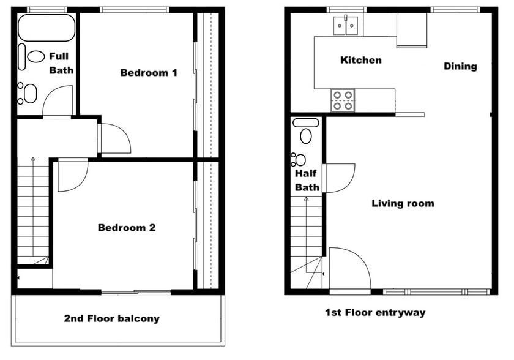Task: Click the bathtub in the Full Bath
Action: click(x=47, y=28)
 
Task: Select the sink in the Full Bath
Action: click(x=29, y=93)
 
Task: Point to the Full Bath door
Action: click(x=59, y=101)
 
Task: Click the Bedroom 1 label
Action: click(x=149, y=73)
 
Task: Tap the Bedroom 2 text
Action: click(x=127, y=228)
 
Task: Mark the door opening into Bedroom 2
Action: click(x=72, y=174)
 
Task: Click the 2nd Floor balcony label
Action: click(x=111, y=318)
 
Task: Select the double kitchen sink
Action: click(x=346, y=26)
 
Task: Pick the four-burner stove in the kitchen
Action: click(x=343, y=100)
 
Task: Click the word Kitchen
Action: click(x=360, y=60)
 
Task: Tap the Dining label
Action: click(x=460, y=66)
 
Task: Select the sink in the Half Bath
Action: click(x=299, y=160)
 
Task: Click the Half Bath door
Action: click(x=338, y=178)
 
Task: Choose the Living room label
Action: click(x=403, y=203)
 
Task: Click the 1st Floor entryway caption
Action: click(x=374, y=313)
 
